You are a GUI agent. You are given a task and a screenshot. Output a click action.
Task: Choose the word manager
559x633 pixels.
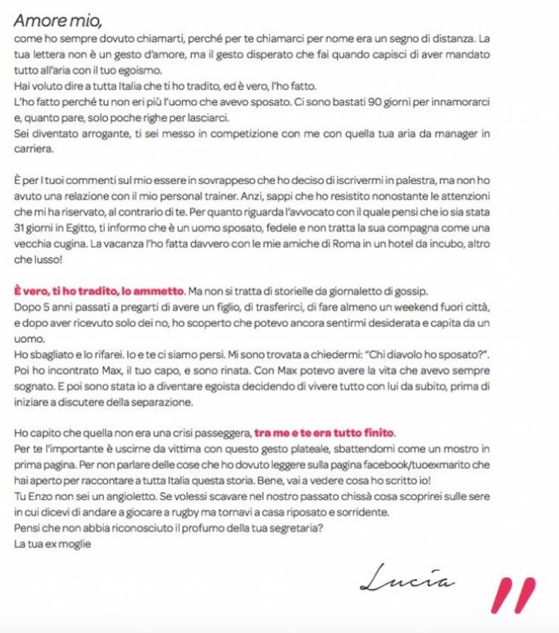(455, 134)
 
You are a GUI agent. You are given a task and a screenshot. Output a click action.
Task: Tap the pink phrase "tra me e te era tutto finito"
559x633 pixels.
(324, 433)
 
